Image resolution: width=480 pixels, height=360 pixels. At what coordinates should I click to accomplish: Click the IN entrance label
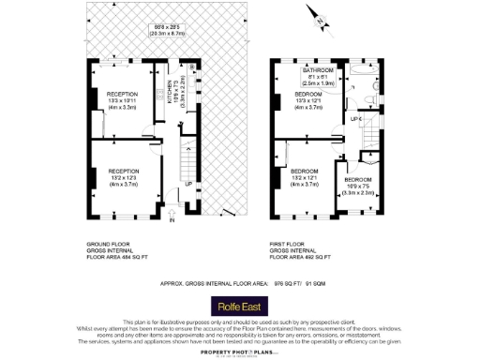(x=172, y=221)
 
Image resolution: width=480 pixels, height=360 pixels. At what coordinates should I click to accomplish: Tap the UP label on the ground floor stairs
(x=188, y=185)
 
